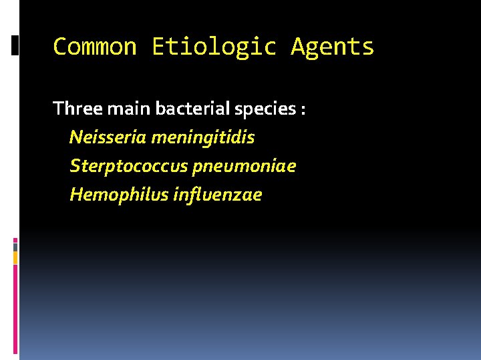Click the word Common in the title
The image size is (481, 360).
click(94, 47)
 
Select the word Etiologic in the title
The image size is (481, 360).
click(213, 47)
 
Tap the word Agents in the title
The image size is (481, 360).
click(332, 47)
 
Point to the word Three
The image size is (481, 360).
click(73, 108)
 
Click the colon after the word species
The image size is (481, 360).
click(303, 110)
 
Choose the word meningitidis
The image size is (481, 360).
click(202, 138)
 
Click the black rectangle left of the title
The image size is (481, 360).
click(15, 45)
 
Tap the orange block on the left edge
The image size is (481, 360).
click(15, 257)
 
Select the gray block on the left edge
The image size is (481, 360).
click(15, 246)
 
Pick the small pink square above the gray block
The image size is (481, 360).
click(15, 239)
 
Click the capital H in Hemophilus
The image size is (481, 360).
click(75, 195)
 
